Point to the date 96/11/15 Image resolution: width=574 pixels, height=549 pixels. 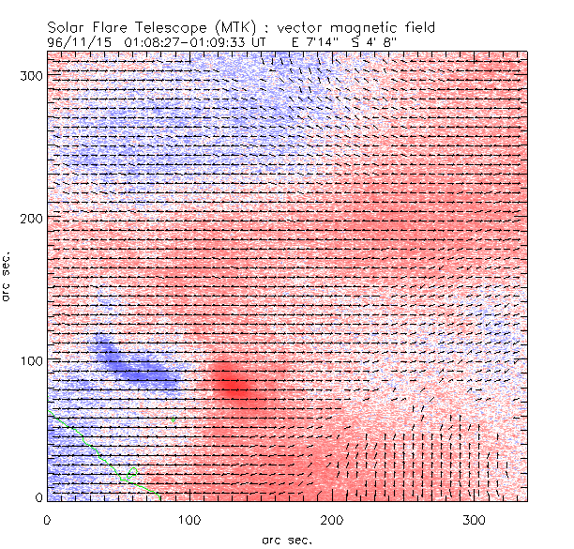coord(77,42)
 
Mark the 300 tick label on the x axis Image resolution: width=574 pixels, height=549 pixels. coord(474,519)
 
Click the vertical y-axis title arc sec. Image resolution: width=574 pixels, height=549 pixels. coord(7,276)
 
